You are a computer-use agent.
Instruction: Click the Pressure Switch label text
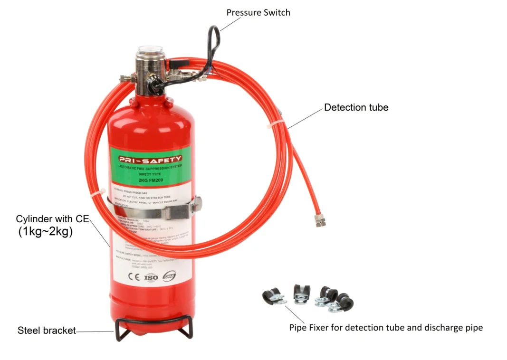(x=258, y=12)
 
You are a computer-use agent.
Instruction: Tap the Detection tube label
(x=356, y=107)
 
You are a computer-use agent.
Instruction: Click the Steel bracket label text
(x=47, y=331)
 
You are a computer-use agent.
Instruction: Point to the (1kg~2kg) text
(x=46, y=232)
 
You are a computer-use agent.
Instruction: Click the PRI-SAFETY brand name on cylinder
(x=150, y=159)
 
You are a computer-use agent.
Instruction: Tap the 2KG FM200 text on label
(x=150, y=180)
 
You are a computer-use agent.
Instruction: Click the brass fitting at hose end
(x=317, y=219)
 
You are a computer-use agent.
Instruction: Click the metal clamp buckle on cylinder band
(x=195, y=205)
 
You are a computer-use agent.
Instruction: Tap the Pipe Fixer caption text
(x=386, y=327)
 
